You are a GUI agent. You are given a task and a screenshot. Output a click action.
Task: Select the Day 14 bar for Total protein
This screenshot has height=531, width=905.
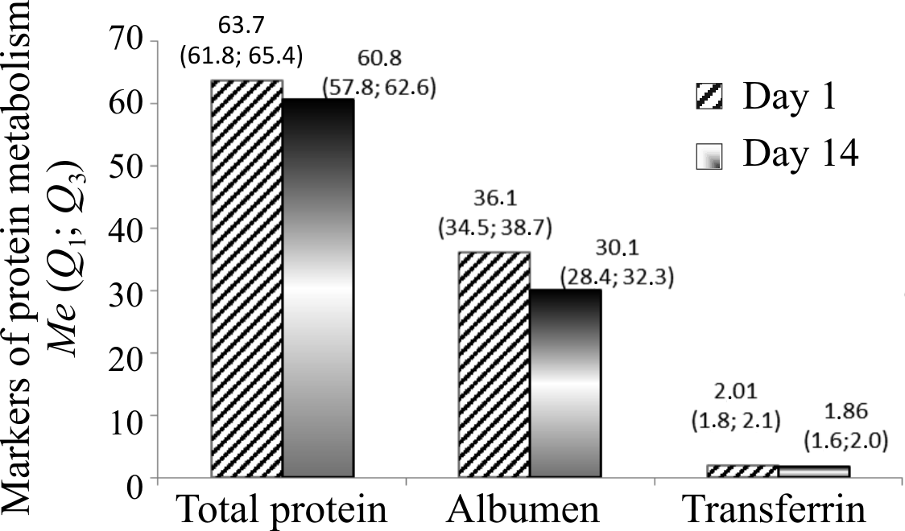click(x=318, y=289)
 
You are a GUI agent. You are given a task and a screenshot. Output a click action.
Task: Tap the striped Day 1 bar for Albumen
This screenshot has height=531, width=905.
click(x=494, y=365)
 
